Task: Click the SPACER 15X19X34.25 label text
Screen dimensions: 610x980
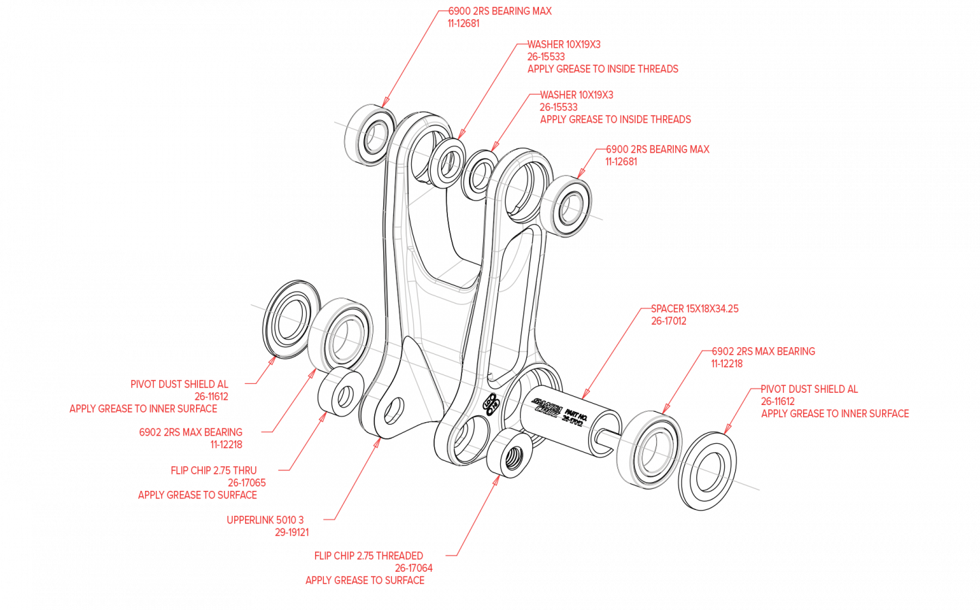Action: click(694, 309)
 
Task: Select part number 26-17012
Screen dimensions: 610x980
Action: click(668, 321)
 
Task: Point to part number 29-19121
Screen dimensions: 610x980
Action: click(292, 532)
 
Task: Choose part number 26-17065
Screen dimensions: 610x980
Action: click(247, 483)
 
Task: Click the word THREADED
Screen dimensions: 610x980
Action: click(399, 556)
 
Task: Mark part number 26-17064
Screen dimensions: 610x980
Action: click(414, 568)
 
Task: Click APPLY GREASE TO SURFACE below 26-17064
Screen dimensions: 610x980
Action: click(365, 581)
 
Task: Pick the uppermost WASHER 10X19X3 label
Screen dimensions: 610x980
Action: click(563, 45)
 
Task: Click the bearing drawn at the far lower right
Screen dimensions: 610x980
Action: click(650, 449)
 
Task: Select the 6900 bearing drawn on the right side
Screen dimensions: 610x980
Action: click(569, 206)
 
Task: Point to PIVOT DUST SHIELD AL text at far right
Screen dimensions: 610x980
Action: click(808, 389)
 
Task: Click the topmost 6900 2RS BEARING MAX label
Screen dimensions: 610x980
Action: click(500, 12)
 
